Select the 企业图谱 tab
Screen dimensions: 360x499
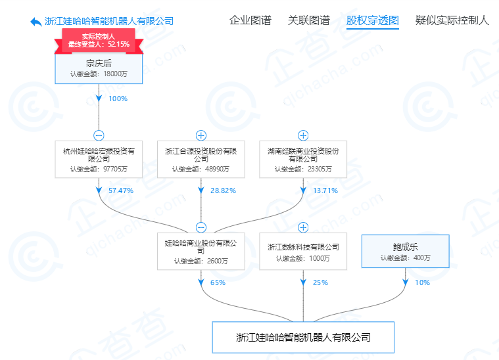tap(250, 20)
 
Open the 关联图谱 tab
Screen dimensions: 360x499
tap(308, 20)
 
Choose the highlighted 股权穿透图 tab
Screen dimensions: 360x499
tap(372, 20)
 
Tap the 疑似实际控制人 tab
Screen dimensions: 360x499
tap(452, 20)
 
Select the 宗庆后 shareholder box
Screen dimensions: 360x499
tap(98, 68)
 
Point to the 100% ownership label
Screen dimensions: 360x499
tap(117, 99)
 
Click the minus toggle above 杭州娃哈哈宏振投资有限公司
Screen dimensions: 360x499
tap(99, 136)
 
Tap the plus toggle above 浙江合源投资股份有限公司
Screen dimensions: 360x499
tap(201, 136)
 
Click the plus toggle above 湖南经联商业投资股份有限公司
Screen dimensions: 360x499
tap(303, 136)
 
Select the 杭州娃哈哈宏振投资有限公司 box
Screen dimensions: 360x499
tap(99, 159)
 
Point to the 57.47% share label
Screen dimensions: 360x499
tap(120, 191)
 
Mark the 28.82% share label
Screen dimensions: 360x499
tap(222, 191)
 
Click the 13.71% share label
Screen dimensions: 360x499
tap(324, 191)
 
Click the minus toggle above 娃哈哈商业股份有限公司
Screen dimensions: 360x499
tap(201, 227)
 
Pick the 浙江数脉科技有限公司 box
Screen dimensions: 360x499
tap(303, 251)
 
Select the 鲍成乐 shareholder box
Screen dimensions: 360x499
tap(405, 251)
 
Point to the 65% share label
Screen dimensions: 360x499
tap(218, 283)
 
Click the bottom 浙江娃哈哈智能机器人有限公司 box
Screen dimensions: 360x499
tap(303, 338)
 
